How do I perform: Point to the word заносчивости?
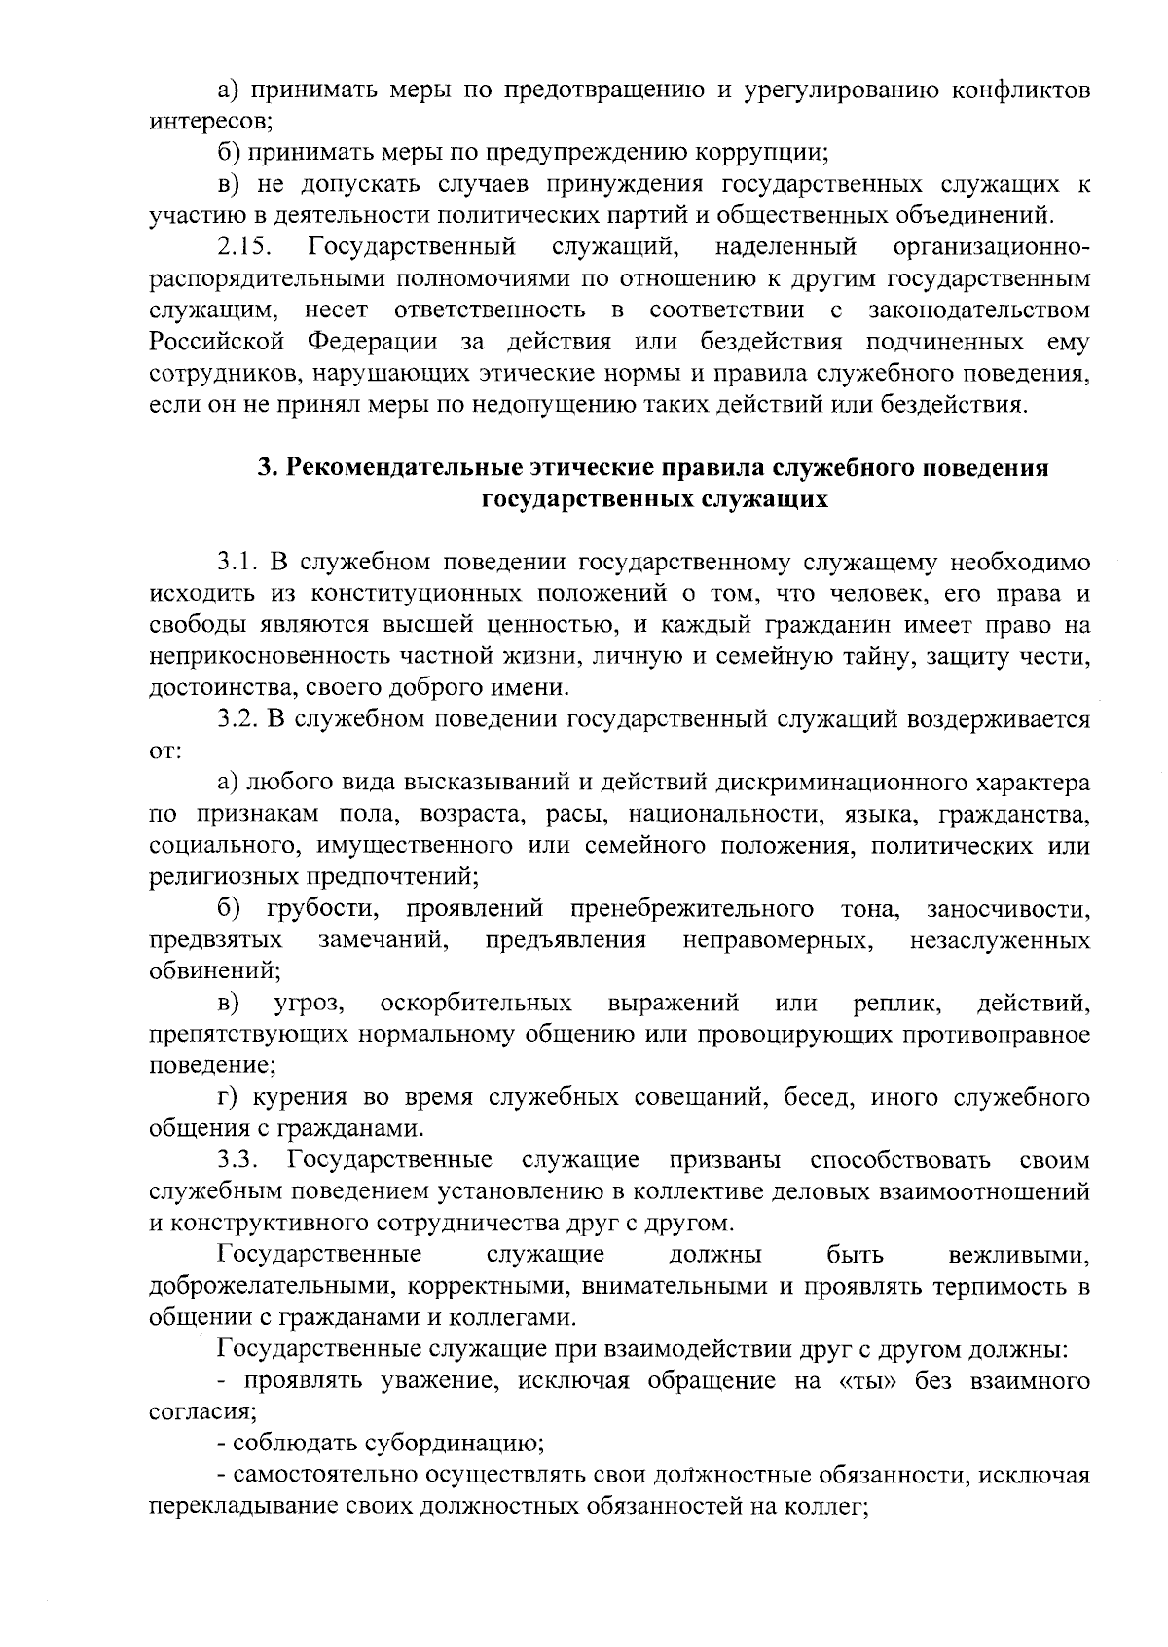pyautogui.click(x=1007, y=909)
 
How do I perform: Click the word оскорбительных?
pyautogui.click(x=476, y=1003)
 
